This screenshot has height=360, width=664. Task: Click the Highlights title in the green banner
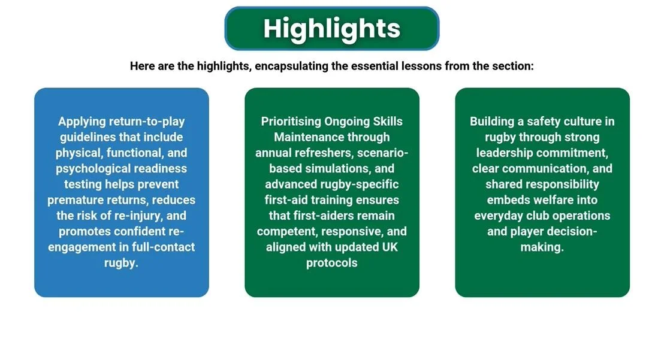331,29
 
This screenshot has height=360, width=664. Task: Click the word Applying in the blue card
82,122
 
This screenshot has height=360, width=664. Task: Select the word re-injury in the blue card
138,216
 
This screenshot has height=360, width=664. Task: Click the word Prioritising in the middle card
291,122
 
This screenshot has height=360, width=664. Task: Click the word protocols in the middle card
331,263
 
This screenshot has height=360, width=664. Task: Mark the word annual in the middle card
273,153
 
